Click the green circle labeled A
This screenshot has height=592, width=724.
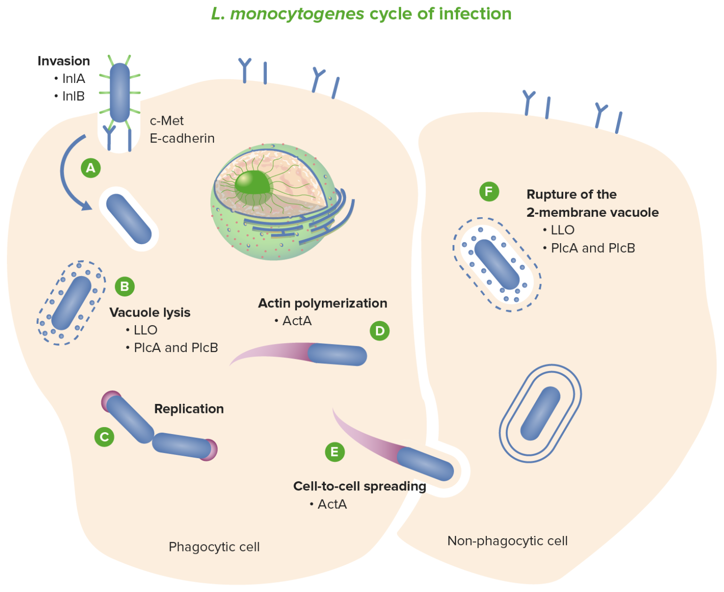90,168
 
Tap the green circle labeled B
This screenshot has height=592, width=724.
124,287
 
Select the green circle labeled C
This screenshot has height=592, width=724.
104,437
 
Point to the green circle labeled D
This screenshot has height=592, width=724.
379,331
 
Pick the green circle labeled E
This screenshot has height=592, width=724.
335,452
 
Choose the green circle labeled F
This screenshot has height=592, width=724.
489,192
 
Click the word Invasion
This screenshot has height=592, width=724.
64,61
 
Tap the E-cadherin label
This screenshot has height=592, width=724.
182,139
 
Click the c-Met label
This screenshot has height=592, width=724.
166,121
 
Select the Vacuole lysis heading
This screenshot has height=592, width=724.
150,312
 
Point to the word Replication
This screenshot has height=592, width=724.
189,409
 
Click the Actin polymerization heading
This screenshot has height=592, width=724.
322,303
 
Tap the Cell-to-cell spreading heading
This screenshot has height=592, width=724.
359,486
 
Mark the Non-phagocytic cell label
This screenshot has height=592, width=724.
507,541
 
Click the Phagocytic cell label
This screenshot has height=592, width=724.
214,547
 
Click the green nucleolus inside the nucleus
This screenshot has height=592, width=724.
252,183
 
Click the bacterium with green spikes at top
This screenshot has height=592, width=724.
120,92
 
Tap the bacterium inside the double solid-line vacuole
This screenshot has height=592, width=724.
540,413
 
